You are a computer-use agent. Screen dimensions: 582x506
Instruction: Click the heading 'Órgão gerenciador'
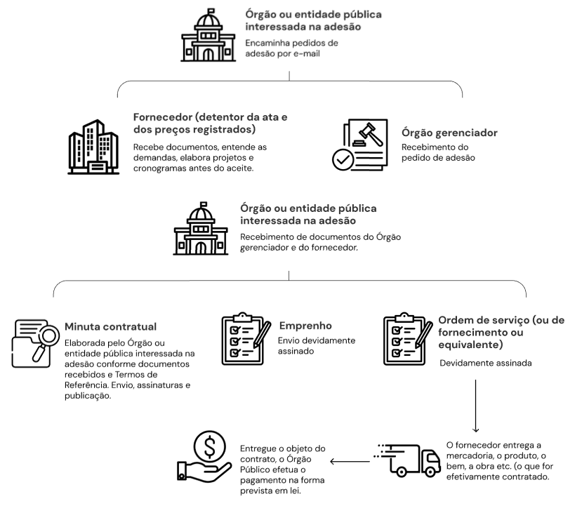coord(449,133)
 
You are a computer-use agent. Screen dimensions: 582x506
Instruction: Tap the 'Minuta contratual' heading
coord(111,326)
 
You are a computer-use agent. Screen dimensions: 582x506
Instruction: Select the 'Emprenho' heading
coord(305,326)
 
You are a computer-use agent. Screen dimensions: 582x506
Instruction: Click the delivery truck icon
coord(407,460)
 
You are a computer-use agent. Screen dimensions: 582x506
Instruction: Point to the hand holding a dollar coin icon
coord(204,457)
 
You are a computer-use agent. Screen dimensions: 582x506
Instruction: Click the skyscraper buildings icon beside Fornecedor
coord(93,147)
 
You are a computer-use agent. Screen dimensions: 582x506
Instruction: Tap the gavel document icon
coord(360,145)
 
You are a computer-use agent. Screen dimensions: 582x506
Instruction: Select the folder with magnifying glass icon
coord(36,343)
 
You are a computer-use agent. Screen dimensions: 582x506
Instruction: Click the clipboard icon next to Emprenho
coord(246,338)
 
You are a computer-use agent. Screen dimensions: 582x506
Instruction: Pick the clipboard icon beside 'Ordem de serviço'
coord(408,338)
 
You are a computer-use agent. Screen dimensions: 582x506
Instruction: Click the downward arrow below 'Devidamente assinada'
coord(475,406)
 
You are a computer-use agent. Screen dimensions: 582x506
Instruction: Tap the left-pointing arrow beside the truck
coord(350,462)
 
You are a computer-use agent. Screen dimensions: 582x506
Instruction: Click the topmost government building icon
coord(209,35)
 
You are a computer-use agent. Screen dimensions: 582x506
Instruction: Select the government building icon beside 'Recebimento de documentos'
coord(201,229)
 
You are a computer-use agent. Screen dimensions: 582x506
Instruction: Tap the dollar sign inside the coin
coord(210,446)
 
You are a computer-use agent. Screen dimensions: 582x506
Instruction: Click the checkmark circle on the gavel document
coord(343,160)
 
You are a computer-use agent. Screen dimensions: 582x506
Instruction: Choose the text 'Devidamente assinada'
coord(486,363)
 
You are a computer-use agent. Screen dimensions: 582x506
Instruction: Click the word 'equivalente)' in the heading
coord(470,345)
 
